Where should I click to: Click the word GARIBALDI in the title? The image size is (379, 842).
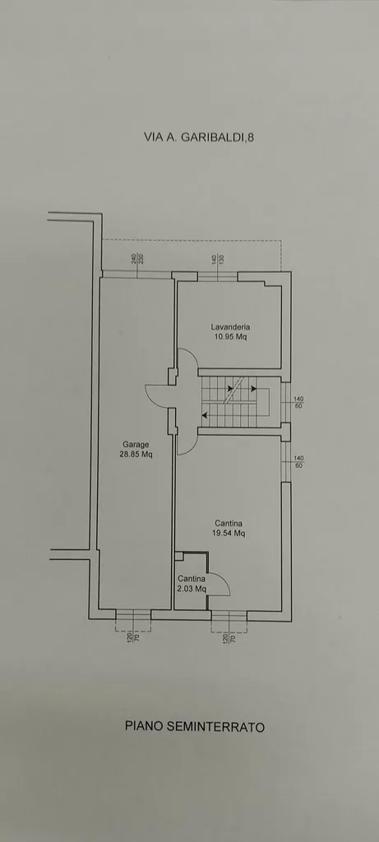(211, 137)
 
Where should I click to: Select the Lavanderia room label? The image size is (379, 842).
(230, 326)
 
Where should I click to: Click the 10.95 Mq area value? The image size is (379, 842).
(230, 336)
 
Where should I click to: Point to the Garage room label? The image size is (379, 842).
(136, 444)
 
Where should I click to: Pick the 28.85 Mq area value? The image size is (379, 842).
(136, 454)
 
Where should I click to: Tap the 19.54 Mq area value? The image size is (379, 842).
(229, 533)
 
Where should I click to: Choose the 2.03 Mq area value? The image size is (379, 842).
(192, 589)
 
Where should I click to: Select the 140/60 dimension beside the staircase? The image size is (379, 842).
(299, 402)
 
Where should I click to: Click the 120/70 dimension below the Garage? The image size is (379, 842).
(132, 637)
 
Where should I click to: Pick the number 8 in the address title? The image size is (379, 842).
(251, 137)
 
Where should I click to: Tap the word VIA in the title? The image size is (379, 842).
(153, 137)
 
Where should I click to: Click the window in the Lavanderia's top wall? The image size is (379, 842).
(217, 276)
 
